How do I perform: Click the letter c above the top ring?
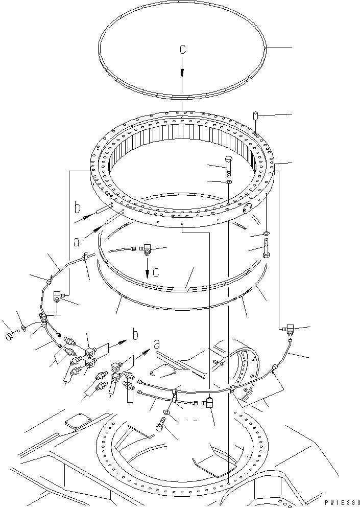[x=182, y=50]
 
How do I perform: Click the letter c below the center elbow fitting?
[x=156, y=272]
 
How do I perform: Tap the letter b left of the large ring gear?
[x=78, y=209]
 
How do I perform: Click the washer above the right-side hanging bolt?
[x=266, y=234]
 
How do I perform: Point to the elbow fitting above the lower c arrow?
[x=148, y=249]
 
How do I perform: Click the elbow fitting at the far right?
[x=289, y=327]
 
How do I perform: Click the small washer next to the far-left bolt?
[x=23, y=328]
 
